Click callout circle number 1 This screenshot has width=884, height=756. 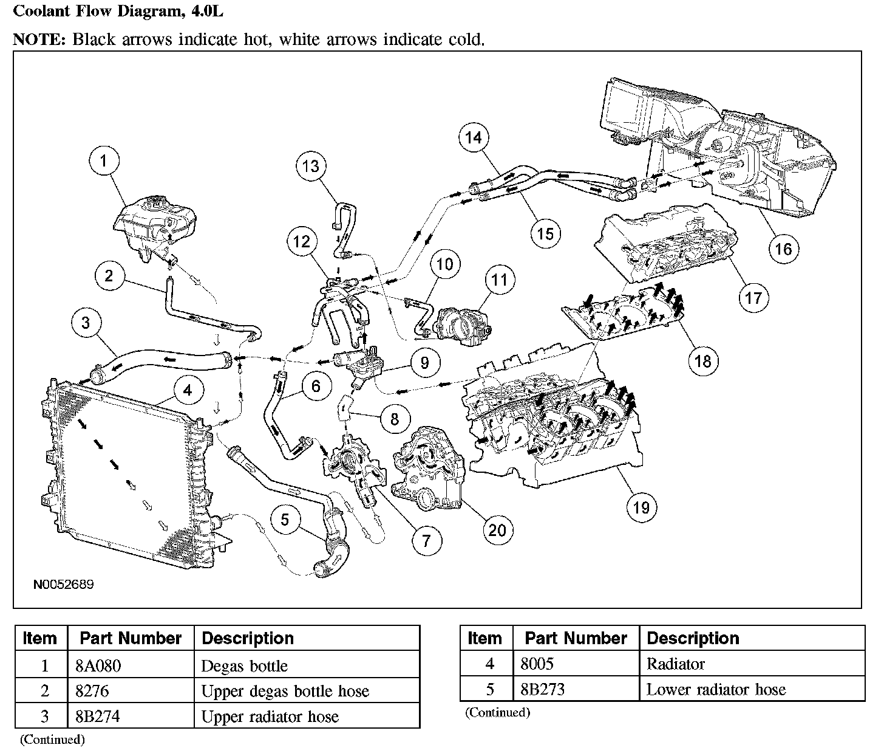104,161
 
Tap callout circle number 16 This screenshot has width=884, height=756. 783,249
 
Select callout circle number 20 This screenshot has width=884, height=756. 497,531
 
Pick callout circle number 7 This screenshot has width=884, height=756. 426,540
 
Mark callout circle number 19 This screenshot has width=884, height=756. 641,507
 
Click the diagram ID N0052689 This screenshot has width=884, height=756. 63,585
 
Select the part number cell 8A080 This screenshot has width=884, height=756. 98,666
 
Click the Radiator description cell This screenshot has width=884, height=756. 675,664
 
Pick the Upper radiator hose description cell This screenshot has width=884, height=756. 270,716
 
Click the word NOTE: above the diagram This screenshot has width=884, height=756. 39,40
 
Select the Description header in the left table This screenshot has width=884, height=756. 248,638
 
